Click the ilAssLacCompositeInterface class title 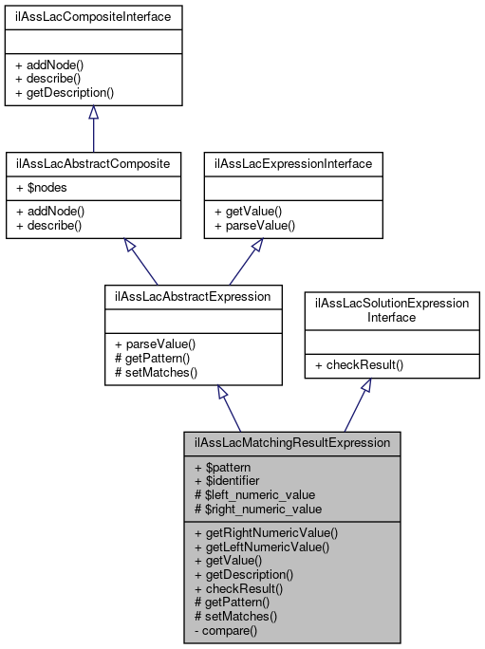[93, 17]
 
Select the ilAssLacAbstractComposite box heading [93, 163]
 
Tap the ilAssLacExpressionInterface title [294, 163]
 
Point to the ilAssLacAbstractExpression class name [193, 296]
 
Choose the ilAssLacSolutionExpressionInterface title [392, 310]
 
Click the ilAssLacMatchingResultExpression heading [292, 443]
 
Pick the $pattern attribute [225, 469]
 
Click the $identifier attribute [229, 481]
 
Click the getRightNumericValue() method [265, 532]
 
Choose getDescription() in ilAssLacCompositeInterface [65, 93]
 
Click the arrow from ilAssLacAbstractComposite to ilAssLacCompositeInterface [93, 128]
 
